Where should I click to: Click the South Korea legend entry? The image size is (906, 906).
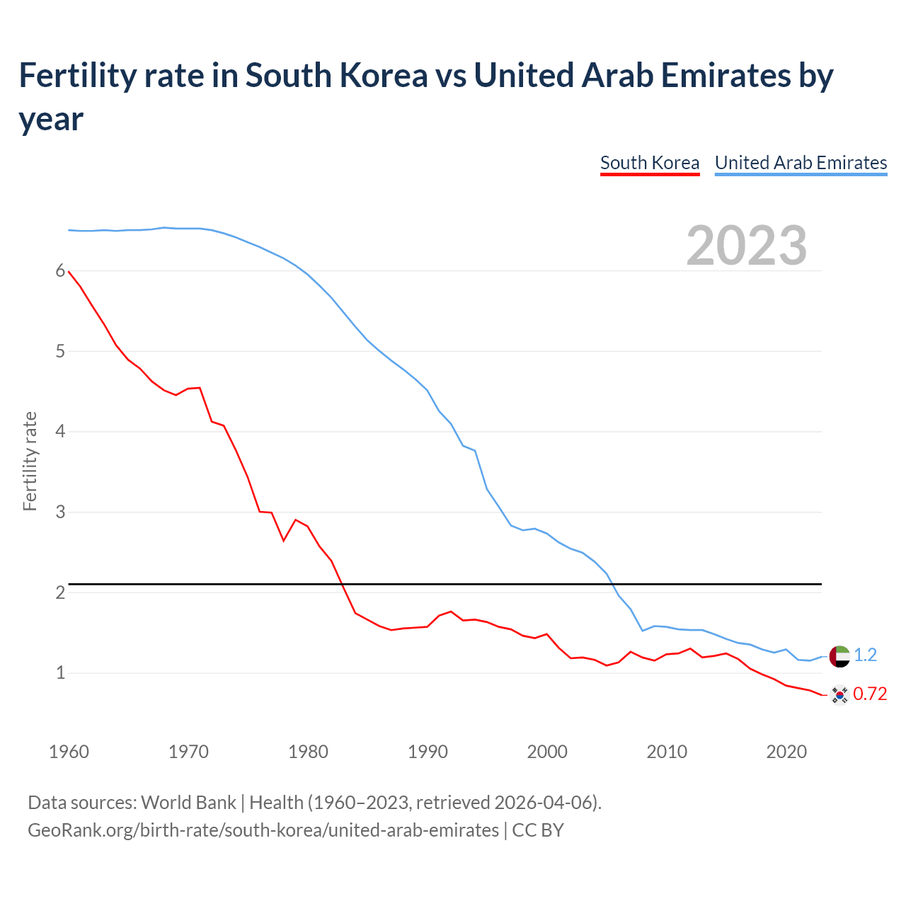point(649,163)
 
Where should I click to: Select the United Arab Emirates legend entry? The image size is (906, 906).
point(801,163)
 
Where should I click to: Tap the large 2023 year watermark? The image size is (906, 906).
point(746,246)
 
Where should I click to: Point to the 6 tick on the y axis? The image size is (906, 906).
point(60,271)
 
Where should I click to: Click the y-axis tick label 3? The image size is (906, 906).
point(60,512)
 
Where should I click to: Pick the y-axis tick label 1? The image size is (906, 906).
point(60,672)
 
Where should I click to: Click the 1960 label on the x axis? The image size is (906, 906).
point(69,752)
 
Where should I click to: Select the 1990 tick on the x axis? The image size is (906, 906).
point(428,752)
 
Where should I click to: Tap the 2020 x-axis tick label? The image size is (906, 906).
point(786,752)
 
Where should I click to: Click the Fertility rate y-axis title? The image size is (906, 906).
point(30,461)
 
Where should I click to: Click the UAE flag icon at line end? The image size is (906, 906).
point(839,656)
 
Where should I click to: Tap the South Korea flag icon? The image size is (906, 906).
point(839,695)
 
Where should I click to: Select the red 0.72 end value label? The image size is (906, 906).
point(870,694)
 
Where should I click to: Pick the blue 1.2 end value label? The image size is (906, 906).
point(865,655)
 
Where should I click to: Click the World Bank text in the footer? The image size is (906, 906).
point(188,803)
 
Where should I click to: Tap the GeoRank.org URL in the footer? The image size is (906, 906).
point(263,830)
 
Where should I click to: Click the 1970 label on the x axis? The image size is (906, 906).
point(188,752)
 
